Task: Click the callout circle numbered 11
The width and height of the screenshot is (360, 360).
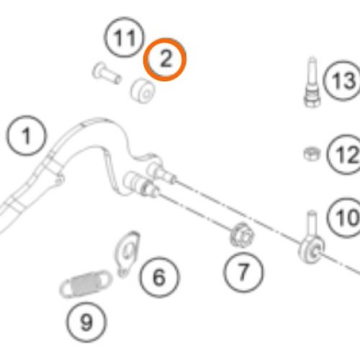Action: pyautogui.click(x=125, y=37)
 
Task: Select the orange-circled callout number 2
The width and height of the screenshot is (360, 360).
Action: pyautogui.click(x=165, y=59)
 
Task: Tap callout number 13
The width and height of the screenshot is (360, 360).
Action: pyautogui.click(x=343, y=81)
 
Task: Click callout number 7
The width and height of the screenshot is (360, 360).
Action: pyautogui.click(x=243, y=272)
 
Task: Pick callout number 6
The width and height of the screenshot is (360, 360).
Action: pyautogui.click(x=159, y=277)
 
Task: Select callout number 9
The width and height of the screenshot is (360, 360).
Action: pyautogui.click(x=86, y=323)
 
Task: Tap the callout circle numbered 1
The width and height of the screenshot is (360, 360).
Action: pyautogui.click(x=26, y=135)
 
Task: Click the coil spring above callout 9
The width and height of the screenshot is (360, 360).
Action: pyautogui.click(x=86, y=284)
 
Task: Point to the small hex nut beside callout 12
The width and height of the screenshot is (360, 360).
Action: pyautogui.click(x=312, y=154)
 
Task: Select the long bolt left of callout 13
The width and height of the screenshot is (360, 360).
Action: pyautogui.click(x=312, y=82)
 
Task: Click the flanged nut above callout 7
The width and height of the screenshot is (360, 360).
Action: pyautogui.click(x=243, y=235)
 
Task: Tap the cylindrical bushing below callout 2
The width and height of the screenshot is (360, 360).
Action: pyautogui.click(x=143, y=91)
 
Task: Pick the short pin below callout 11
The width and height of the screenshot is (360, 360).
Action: pyautogui.click(x=107, y=73)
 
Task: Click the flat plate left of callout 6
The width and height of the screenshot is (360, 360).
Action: pyautogui.click(x=127, y=253)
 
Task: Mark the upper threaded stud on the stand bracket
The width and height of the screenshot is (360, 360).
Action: pyautogui.click(x=163, y=172)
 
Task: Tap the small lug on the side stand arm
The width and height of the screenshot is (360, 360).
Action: pyautogui.click(x=58, y=181)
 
